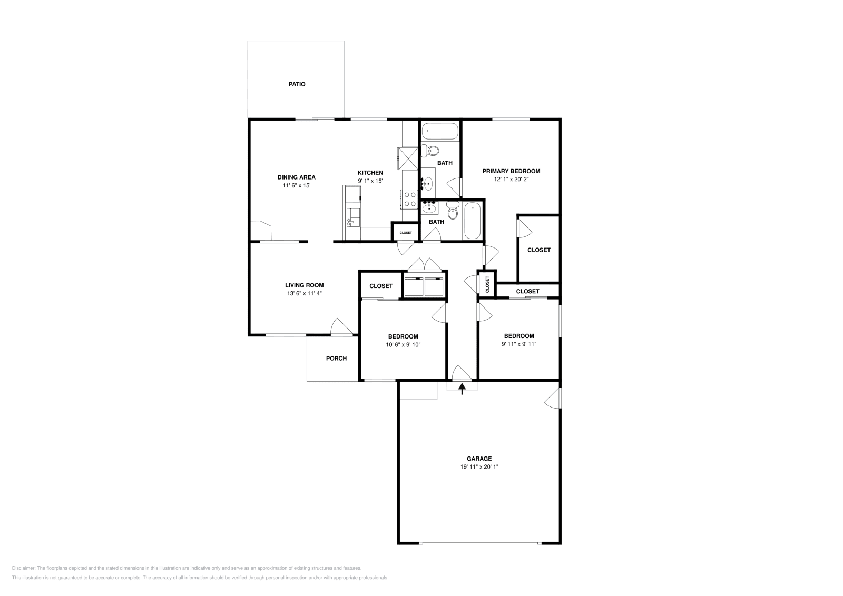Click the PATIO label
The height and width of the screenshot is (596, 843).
[297, 84]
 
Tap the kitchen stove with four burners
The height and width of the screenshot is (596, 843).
[409, 198]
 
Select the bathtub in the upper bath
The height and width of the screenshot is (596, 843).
[440, 131]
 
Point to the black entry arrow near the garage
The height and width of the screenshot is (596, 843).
[462, 389]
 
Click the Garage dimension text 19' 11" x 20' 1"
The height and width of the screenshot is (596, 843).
[479, 467]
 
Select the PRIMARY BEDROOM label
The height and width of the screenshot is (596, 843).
[511, 171]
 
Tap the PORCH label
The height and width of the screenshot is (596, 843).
[336, 359]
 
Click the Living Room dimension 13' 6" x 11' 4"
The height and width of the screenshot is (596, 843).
[304, 294]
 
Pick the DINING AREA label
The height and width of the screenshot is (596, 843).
[296, 177]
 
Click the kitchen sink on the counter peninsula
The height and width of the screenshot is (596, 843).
[352, 216]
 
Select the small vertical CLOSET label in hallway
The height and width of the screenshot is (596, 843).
[487, 284]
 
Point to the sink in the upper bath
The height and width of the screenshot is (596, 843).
[428, 184]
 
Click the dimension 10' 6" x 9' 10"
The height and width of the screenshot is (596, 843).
[403, 345]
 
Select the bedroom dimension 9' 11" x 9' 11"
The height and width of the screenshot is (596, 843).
[518, 344]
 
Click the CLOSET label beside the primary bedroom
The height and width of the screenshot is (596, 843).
[538, 250]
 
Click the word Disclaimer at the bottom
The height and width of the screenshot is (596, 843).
[23, 568]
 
